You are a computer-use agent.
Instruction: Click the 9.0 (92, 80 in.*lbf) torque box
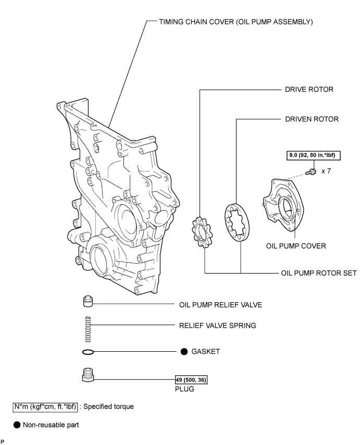click(x=311, y=155)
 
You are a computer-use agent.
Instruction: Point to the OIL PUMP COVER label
click(x=295, y=246)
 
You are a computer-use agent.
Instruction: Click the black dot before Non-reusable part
click(x=17, y=425)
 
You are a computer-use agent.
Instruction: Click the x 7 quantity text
click(x=326, y=170)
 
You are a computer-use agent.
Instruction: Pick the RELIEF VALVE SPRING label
click(x=217, y=326)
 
